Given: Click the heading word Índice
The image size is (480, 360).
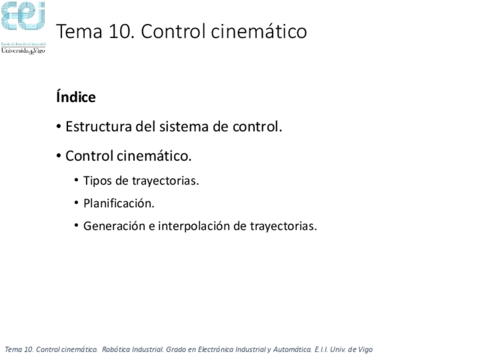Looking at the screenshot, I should click(76, 97).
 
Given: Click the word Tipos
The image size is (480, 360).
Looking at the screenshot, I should click(97, 181).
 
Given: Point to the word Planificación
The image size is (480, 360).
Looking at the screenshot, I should click(119, 203).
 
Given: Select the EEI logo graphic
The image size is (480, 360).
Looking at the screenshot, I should click(23, 17).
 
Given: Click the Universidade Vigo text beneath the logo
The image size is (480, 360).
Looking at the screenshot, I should click(23, 50).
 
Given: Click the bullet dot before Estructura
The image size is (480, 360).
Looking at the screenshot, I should click(59, 127).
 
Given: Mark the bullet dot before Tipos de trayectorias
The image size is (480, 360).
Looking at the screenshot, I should click(76, 181).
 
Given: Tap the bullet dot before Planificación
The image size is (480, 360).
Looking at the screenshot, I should click(76, 203).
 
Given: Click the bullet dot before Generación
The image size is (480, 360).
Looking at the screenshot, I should click(76, 226).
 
